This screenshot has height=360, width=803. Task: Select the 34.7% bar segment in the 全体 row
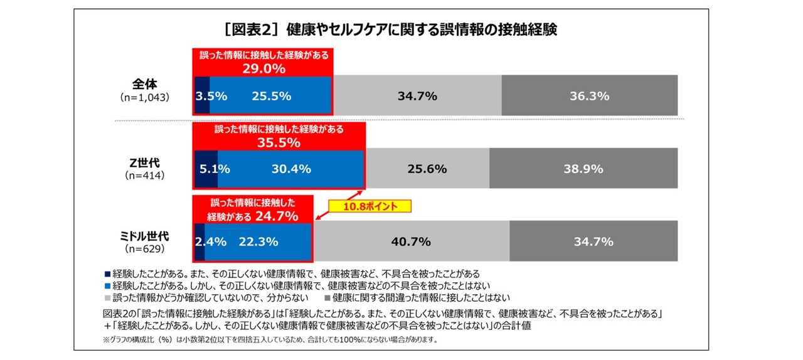tap(417, 96)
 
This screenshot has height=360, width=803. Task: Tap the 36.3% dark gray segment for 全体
tap(590, 96)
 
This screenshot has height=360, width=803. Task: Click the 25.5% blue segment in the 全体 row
tap(270, 96)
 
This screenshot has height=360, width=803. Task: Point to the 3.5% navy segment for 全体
tap(202, 96)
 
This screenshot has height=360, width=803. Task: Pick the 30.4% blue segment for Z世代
tap(290, 169)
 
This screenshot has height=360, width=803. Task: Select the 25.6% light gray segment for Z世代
tap(427, 169)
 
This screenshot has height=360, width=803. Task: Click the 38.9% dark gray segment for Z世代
tap(583, 169)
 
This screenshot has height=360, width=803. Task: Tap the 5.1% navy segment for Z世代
tap(206, 169)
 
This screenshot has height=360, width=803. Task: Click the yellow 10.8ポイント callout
tap(370, 206)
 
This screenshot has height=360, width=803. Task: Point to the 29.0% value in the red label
tap(263, 67)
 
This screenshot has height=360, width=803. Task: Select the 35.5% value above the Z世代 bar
tap(279, 142)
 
